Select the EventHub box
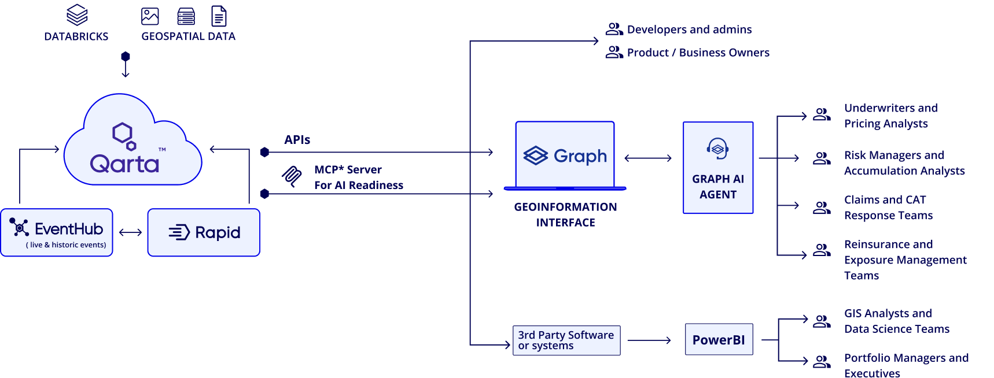57,232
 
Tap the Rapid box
204,232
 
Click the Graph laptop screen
565,155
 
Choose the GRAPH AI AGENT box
718,168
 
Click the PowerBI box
719,340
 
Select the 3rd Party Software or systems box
566,340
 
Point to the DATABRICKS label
76,36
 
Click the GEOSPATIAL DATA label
189,36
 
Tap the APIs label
297,140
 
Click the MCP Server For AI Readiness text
358,177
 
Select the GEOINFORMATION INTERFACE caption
565,214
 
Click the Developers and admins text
689,29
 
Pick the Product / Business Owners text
698,53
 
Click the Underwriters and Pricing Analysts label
890,116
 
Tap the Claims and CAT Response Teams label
888,207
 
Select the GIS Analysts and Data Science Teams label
896,321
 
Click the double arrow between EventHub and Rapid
130,233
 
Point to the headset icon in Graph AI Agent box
717,149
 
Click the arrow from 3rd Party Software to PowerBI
649,340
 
